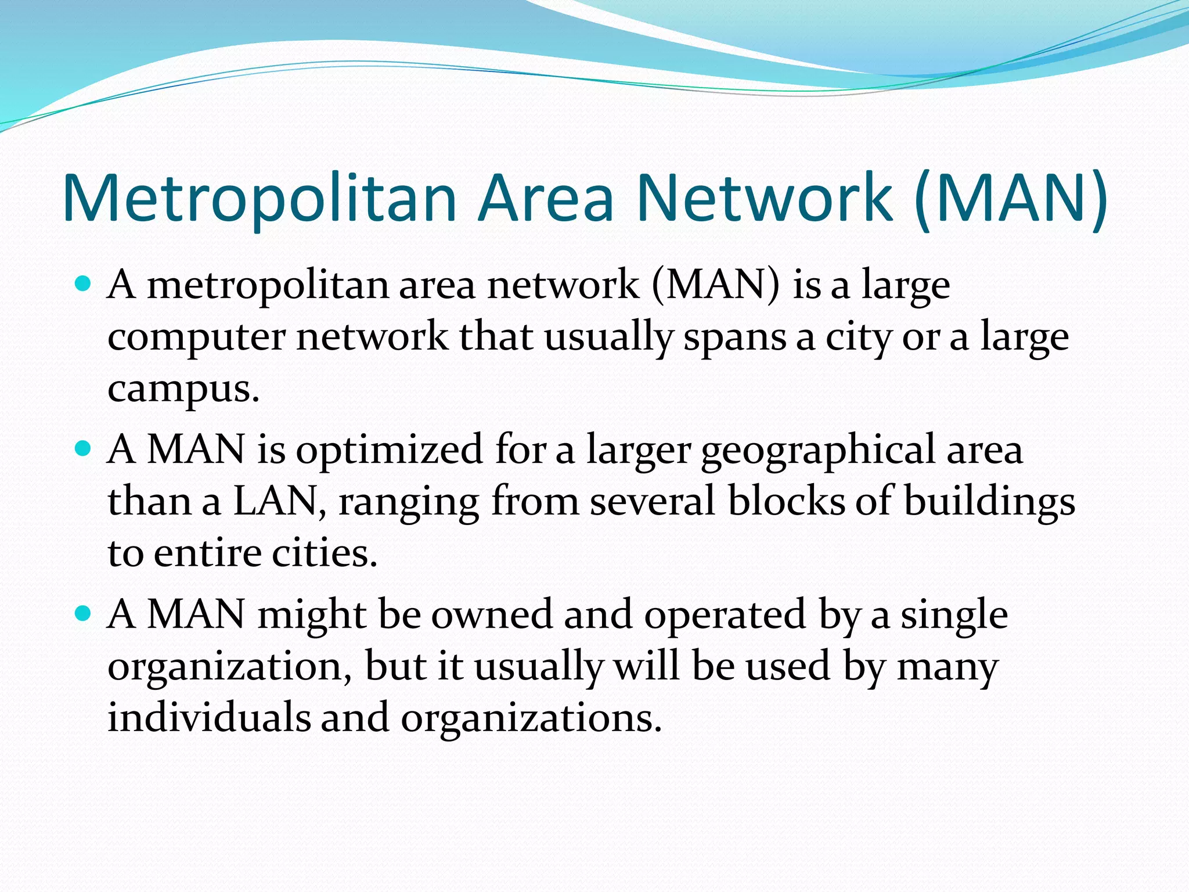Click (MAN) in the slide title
tap(1011, 197)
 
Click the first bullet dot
tap(84, 285)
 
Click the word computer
tap(196, 338)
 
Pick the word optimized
tap(389, 450)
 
